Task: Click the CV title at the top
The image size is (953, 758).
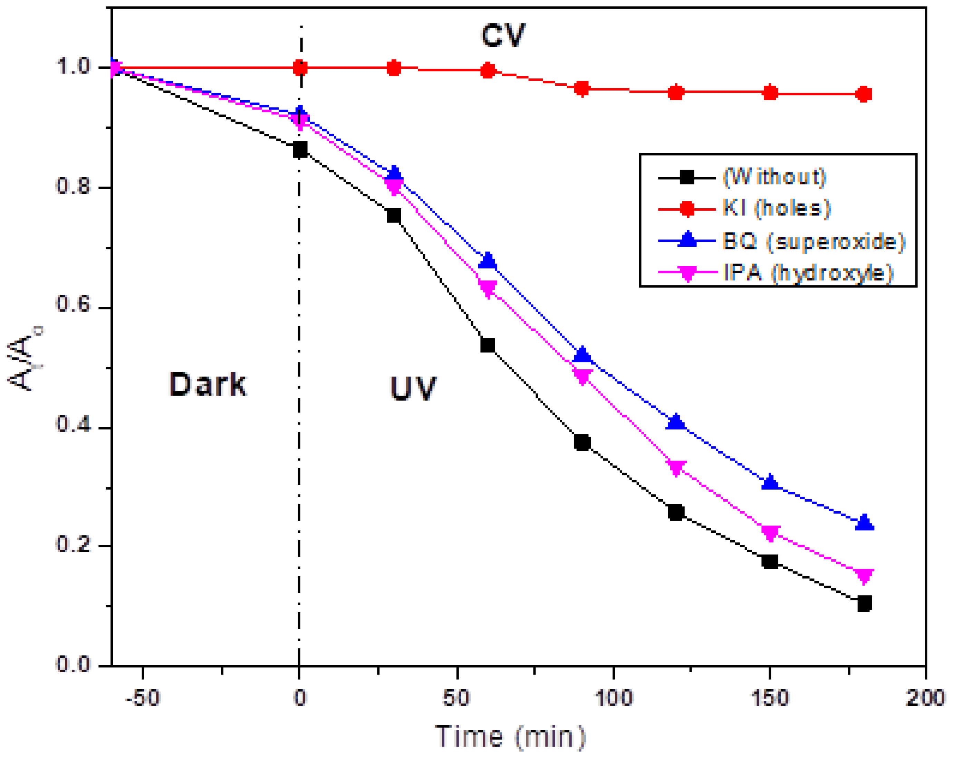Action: (x=503, y=35)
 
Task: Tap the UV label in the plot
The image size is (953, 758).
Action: (x=413, y=388)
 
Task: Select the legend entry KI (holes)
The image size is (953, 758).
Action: (x=776, y=208)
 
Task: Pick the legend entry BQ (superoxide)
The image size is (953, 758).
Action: (x=813, y=241)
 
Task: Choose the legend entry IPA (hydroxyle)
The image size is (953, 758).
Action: (x=808, y=273)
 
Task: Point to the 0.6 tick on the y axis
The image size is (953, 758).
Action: (x=73, y=305)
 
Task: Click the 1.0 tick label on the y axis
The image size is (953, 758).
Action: (x=73, y=66)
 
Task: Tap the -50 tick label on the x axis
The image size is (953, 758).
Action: (x=142, y=698)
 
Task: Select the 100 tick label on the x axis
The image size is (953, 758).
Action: (x=614, y=698)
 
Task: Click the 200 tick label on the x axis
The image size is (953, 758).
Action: (x=925, y=698)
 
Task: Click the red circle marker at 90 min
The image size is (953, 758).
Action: (x=582, y=88)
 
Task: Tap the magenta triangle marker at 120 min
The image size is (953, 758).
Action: (x=676, y=467)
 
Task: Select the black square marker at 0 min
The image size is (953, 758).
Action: (x=300, y=150)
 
